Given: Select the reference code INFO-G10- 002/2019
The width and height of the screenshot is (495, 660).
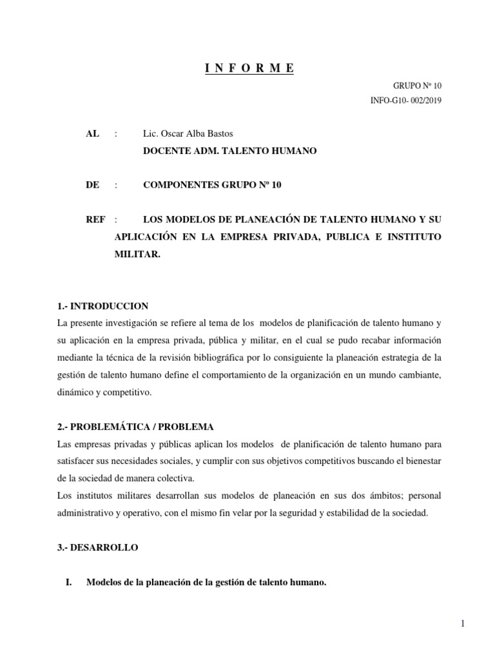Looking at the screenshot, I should point(406,100).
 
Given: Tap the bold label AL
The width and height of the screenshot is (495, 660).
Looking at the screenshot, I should point(92,133).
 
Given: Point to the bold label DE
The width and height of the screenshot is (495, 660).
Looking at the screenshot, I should point(92,185).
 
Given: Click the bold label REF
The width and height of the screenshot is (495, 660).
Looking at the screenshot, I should point(95,220).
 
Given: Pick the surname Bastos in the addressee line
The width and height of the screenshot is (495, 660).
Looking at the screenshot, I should point(218,133).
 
